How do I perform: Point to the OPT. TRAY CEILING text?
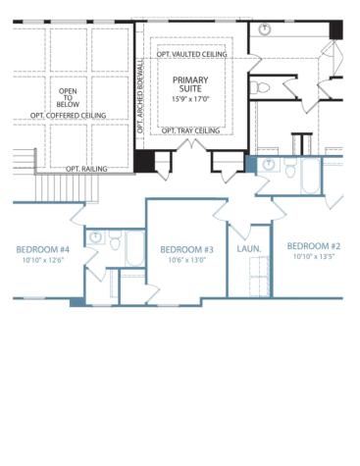pos(190,130)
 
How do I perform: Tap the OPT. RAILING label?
pos(86,169)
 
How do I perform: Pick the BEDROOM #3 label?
pos(186,249)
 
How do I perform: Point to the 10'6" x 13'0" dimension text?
pos(186,260)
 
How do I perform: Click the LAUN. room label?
pos(249,249)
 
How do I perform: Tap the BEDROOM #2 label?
pos(313,245)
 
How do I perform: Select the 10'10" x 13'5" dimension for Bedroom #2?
pos(313,256)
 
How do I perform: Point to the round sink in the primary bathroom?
pos(266,29)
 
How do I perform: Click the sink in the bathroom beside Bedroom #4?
pos(96,236)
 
